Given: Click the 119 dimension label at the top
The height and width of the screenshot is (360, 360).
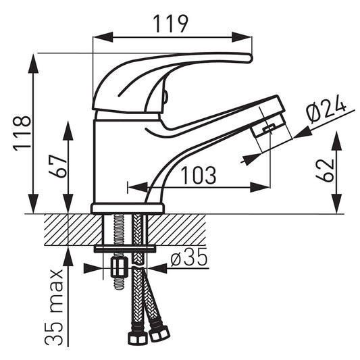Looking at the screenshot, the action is click(x=170, y=24).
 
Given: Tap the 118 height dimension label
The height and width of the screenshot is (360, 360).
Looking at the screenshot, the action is click(x=22, y=133).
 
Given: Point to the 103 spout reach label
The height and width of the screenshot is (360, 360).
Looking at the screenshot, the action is click(x=199, y=176).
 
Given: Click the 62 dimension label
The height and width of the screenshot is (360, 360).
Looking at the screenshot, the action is click(x=325, y=170).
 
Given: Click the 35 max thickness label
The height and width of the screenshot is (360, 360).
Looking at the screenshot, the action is click(x=53, y=307).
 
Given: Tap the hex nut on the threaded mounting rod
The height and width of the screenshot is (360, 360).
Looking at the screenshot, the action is click(x=119, y=267).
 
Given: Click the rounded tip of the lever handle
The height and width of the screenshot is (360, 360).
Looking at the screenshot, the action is click(x=250, y=58).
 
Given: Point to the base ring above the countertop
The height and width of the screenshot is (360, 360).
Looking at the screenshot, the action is click(x=128, y=209).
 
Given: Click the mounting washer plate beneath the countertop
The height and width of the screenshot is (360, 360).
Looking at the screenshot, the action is click(x=125, y=249).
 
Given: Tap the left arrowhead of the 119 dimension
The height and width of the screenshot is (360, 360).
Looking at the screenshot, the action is click(x=103, y=37).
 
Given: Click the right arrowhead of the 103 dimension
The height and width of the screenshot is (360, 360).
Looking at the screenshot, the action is click(x=260, y=187).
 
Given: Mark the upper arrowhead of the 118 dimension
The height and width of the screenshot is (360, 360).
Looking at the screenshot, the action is click(x=33, y=63).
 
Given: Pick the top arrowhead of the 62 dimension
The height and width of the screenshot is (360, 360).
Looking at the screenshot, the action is click(x=336, y=140).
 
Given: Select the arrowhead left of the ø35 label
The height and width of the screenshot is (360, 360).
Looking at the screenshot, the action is click(x=93, y=268).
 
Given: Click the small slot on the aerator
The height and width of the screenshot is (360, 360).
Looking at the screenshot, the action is click(x=269, y=128).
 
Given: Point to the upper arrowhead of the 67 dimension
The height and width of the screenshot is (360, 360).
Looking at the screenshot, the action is click(x=68, y=130).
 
